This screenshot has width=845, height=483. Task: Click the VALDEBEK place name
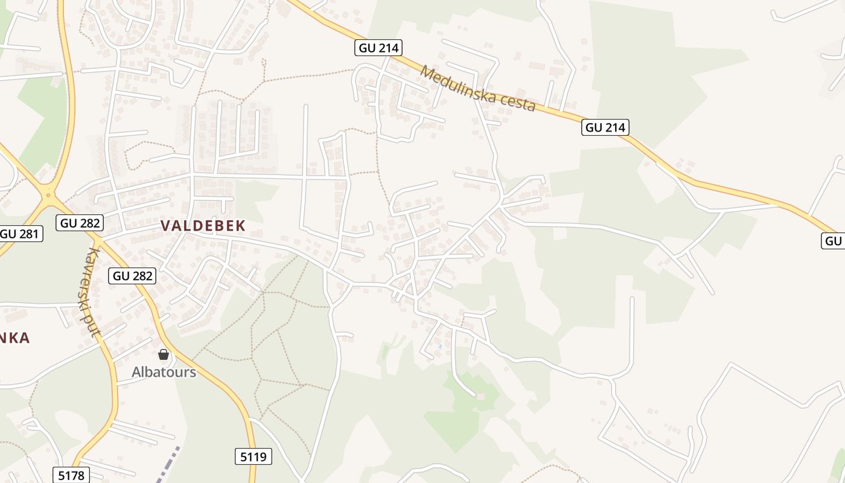203,226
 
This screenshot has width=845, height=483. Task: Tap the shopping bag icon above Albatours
163,354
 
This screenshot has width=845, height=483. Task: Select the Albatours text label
164,372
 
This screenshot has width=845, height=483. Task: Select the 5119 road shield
253,456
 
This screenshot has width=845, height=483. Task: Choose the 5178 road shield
71,475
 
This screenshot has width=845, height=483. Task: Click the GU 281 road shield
21,234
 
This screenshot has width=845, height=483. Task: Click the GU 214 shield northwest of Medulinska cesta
378,48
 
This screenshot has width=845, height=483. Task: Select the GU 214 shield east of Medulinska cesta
605,127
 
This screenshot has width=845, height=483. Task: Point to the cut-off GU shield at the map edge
834,241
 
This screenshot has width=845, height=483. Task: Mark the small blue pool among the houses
440,347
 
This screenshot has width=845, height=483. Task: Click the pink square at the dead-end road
480,395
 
